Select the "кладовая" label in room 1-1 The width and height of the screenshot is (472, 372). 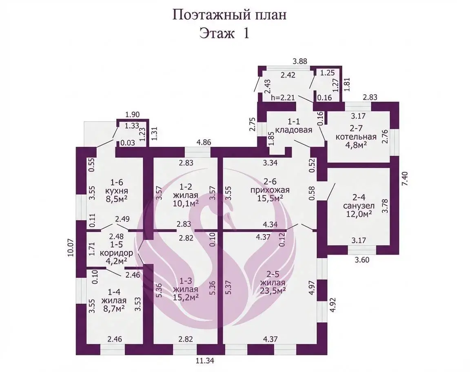click(x=293, y=130)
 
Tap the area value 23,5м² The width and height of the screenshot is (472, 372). click(x=273, y=290)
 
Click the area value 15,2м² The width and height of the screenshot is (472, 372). click(x=186, y=297)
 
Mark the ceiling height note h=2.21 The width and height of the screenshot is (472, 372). click(x=284, y=98)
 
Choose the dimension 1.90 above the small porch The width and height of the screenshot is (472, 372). click(x=133, y=115)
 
